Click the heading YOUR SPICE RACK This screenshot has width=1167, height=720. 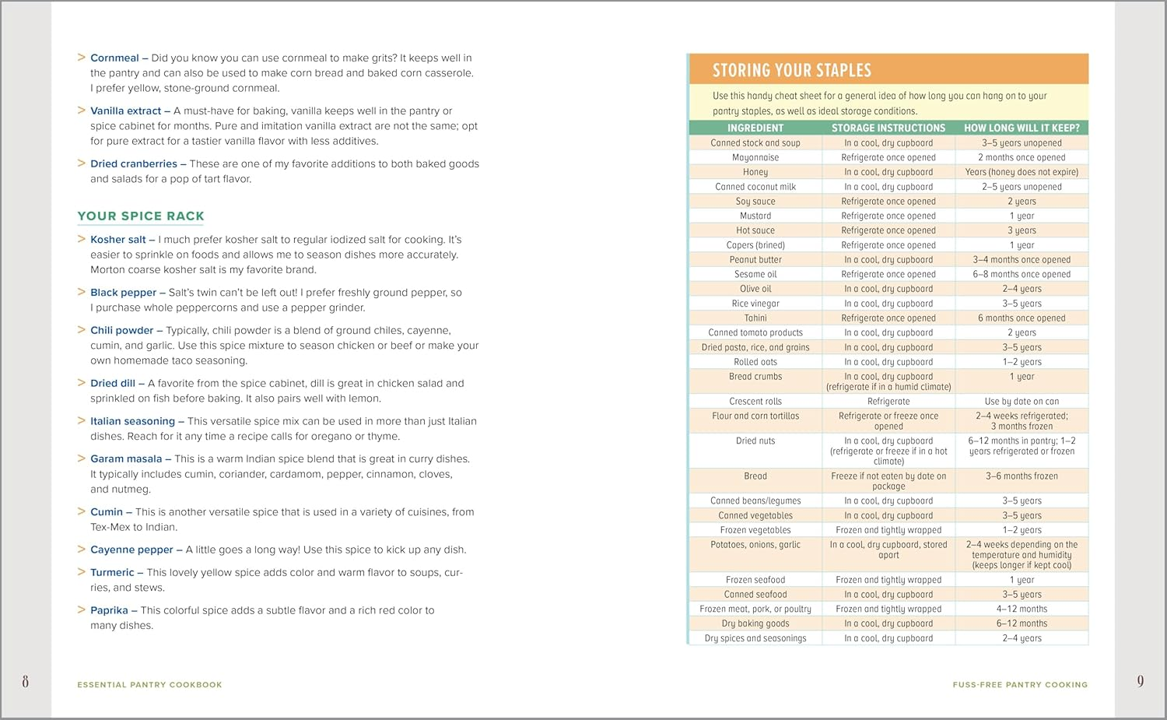point(141,216)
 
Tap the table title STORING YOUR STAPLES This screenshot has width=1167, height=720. point(791,70)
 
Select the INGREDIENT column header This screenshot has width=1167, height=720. point(755,128)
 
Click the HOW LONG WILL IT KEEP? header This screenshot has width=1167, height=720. point(1022,128)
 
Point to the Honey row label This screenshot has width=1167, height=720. point(755,172)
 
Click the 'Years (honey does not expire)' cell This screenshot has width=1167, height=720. point(1022,172)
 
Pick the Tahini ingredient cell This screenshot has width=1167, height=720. point(755,318)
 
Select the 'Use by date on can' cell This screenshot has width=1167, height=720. point(1022,402)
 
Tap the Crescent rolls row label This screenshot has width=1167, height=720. point(755,402)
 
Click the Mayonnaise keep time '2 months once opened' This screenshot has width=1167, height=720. point(1022,158)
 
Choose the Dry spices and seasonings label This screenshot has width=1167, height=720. point(755,638)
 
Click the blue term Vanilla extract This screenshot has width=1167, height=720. point(126,111)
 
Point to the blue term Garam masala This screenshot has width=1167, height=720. point(126,459)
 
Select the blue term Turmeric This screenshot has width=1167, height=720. point(112,573)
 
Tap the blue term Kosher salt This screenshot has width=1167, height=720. point(118,240)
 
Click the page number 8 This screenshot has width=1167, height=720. point(25,682)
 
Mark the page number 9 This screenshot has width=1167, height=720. point(1140,682)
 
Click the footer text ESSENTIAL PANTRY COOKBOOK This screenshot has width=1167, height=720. point(149,685)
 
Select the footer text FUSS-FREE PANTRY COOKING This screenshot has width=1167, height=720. point(1020,685)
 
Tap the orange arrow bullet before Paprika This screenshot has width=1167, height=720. point(81,610)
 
